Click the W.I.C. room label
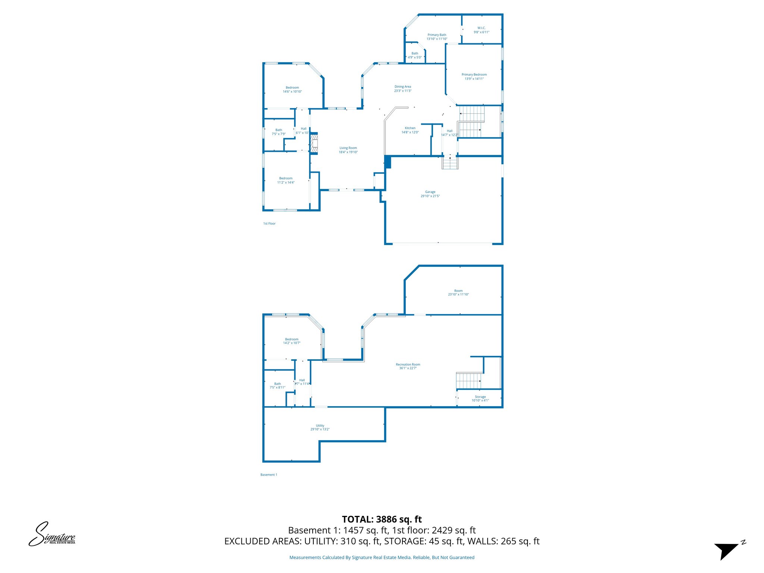click(481, 30)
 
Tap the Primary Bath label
click(437, 37)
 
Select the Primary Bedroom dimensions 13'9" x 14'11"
click(474, 79)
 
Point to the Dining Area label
click(403, 88)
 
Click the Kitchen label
click(410, 130)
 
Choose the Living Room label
click(348, 150)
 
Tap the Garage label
click(430, 194)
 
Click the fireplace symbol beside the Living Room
click(314, 143)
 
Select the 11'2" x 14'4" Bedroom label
click(286, 180)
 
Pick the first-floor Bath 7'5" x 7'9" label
click(279, 132)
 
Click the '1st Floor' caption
click(269, 223)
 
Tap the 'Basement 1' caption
click(269, 475)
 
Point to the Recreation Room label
click(408, 366)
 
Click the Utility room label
click(320, 427)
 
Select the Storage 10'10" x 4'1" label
click(480, 398)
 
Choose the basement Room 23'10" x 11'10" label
click(458, 292)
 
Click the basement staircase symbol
click(469, 381)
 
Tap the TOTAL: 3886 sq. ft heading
click(382, 519)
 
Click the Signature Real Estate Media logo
click(52, 534)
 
